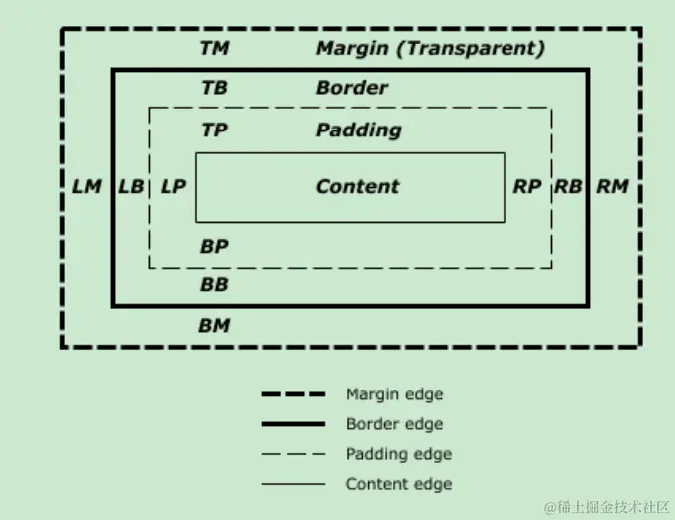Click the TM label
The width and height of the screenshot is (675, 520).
point(214,48)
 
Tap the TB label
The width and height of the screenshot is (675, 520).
point(214,88)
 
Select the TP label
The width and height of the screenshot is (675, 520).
point(214,130)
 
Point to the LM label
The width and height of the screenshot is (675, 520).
point(87,186)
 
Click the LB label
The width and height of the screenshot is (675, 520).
point(130,186)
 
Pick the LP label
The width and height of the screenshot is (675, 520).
point(172,186)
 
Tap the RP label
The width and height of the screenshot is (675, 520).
point(527,186)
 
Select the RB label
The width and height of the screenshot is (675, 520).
point(568,186)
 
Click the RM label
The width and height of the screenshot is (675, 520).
point(612,186)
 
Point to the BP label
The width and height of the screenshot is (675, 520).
point(214,246)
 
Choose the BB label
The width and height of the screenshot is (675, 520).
point(214,285)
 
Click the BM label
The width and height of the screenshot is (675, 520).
point(214,325)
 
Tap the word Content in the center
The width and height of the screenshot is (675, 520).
point(357,186)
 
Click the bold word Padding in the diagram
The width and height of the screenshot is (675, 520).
point(358,130)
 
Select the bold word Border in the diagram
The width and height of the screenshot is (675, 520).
point(351,88)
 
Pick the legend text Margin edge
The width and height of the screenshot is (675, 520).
point(394,394)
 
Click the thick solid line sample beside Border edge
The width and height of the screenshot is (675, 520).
point(293,424)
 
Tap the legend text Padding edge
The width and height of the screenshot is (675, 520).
point(398,454)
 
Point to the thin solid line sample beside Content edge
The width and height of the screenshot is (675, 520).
point(293,484)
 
